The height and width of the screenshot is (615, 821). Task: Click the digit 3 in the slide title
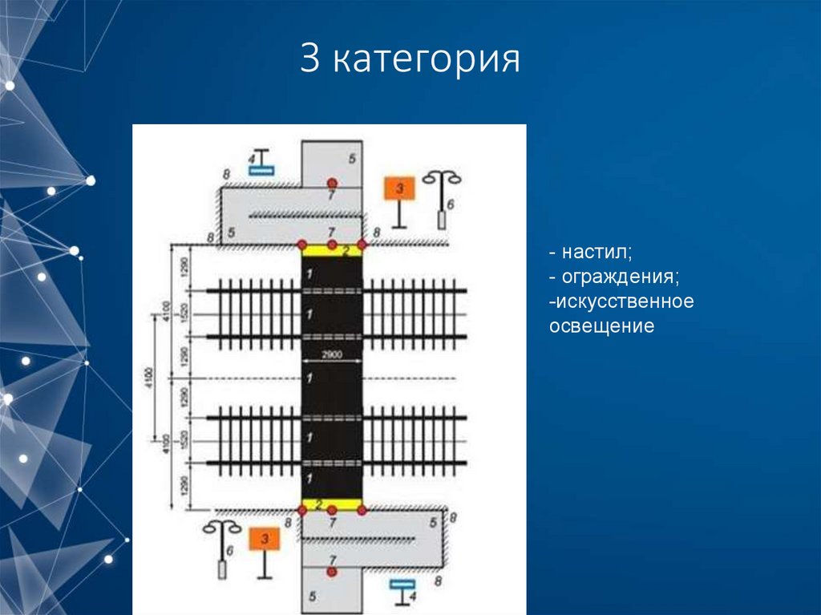coord(309,60)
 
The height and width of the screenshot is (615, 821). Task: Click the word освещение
coord(602,326)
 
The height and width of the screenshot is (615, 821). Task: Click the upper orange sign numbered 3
coord(399,189)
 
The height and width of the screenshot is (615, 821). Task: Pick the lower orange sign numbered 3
coord(264,539)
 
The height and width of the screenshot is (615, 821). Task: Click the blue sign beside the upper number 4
coord(262,169)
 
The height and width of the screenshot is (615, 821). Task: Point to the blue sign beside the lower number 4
coord(399,585)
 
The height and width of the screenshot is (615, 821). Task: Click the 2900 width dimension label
coord(331,354)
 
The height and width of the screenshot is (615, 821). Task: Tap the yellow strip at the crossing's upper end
coord(331,250)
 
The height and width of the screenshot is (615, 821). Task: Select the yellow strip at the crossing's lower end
coord(331,504)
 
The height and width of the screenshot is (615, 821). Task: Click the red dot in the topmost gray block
coord(331,183)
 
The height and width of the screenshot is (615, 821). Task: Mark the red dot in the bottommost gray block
coord(331,571)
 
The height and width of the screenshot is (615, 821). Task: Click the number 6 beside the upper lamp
coord(451,205)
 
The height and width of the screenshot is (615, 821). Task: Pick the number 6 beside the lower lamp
coord(230,552)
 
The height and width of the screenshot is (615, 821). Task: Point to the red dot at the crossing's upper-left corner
coord(301,244)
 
